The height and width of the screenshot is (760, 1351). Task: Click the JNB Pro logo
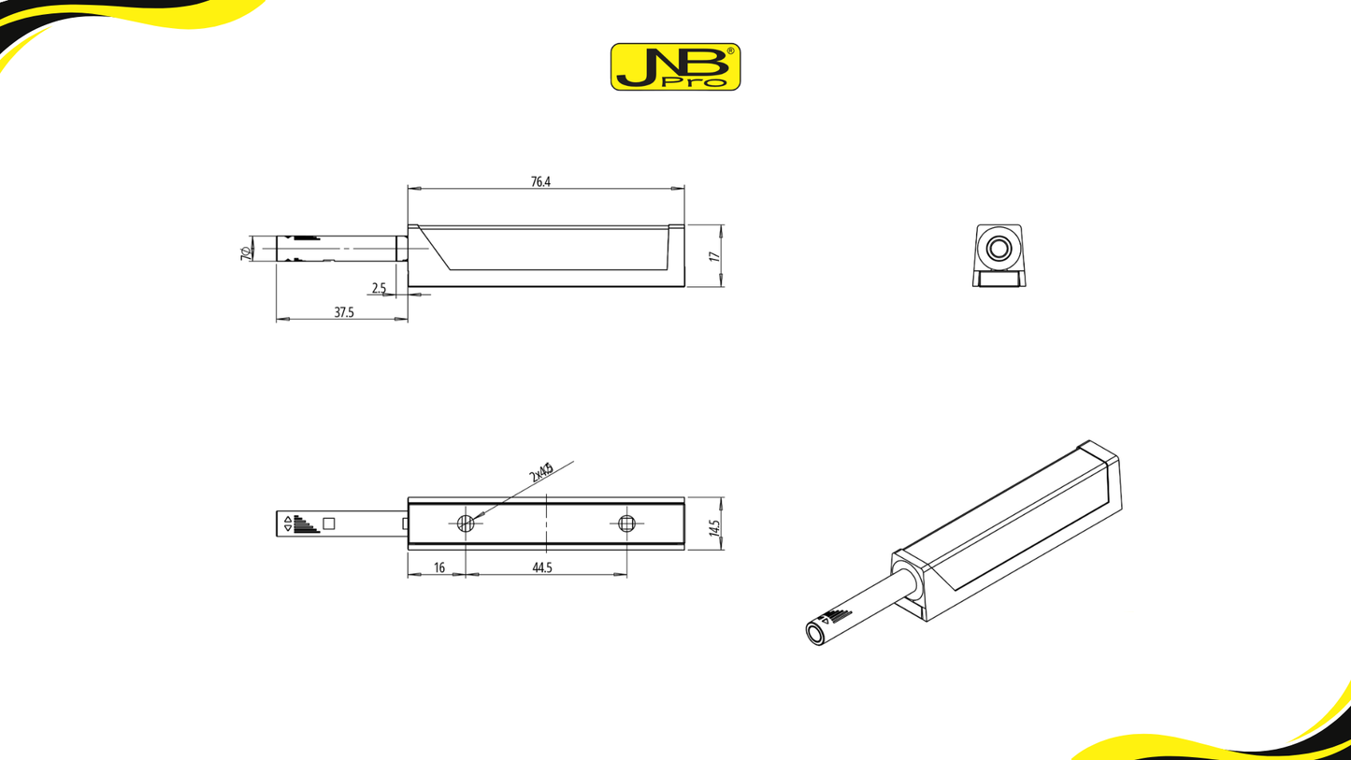(675, 66)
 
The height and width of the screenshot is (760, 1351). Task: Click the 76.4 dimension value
(540, 182)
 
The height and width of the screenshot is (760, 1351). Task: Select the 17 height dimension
(714, 256)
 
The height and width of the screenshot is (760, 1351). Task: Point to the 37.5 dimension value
(344, 312)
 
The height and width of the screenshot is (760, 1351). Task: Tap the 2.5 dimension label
(379, 288)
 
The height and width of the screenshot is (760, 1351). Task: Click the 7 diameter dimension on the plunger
(246, 252)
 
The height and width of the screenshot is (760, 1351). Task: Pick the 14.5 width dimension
(714, 528)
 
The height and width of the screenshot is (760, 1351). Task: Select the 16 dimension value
(439, 567)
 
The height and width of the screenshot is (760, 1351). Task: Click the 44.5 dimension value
(542, 567)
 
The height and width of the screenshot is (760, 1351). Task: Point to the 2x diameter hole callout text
(541, 472)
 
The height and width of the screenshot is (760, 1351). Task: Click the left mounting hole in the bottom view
(466, 523)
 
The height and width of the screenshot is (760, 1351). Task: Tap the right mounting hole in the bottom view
(626, 523)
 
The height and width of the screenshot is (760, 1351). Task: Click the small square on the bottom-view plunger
(328, 523)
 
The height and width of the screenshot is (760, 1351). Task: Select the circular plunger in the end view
(999, 248)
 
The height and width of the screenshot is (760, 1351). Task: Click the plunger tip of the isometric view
(815, 633)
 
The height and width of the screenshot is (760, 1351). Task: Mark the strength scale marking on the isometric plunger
(837, 616)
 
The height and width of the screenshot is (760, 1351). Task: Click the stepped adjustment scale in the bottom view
(305, 524)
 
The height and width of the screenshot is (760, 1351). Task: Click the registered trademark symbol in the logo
(731, 51)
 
